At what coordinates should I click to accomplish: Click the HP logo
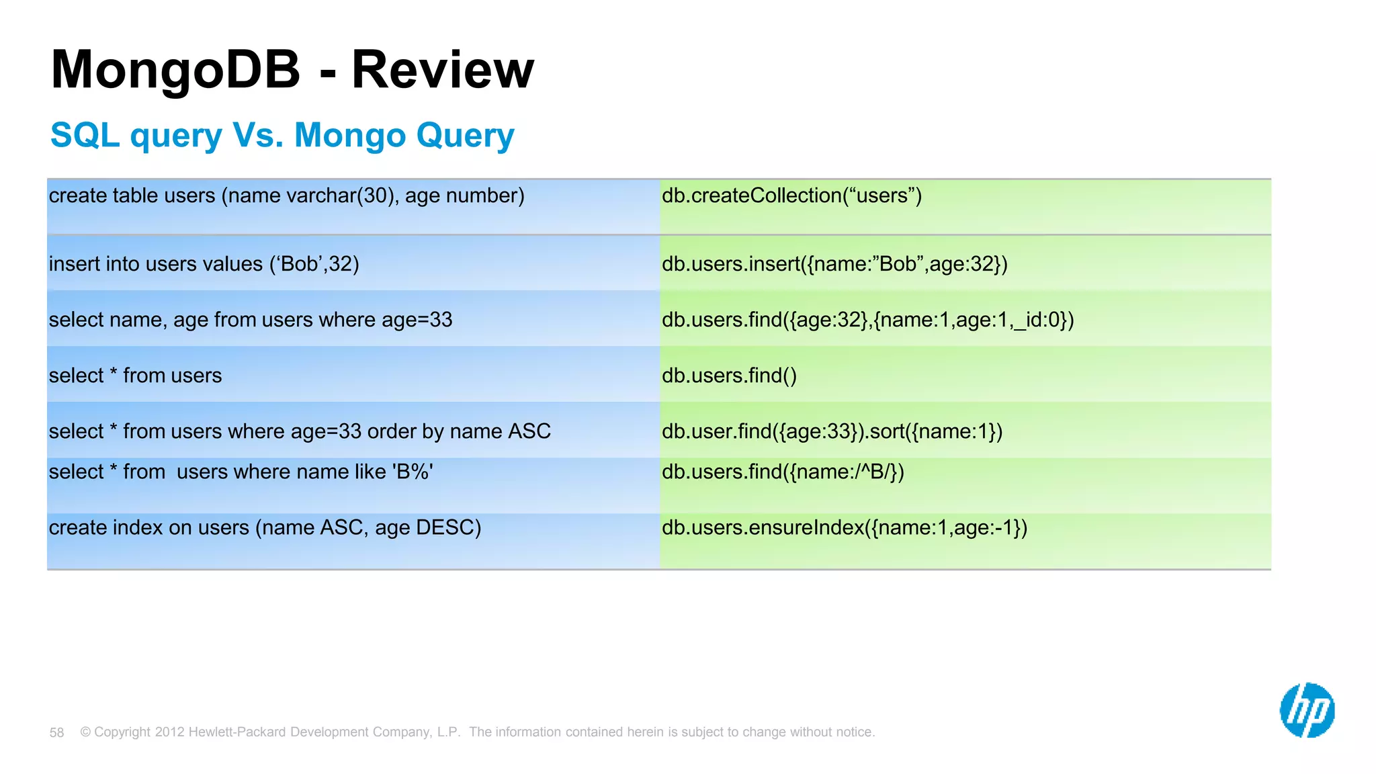coord(1307,710)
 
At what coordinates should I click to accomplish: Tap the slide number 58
coord(56,732)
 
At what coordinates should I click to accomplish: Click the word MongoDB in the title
coord(175,70)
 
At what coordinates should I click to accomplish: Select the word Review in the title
coord(443,70)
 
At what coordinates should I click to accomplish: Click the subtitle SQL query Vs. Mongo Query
coord(282,135)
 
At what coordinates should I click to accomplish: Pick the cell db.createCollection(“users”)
coord(791,196)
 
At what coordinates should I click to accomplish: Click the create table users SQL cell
coord(286,196)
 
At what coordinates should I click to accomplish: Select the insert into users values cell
coord(204,264)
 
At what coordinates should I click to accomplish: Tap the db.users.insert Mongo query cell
coord(834,264)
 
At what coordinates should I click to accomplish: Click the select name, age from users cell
coord(251,320)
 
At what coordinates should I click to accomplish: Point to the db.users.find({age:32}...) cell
coord(867,320)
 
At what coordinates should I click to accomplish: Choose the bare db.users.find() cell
coord(729,376)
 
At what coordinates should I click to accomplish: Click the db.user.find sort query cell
coord(832,431)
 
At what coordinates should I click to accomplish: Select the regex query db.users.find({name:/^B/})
coord(783,472)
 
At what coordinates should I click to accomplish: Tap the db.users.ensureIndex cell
coord(845,528)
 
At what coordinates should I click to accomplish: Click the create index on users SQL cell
coord(265,528)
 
